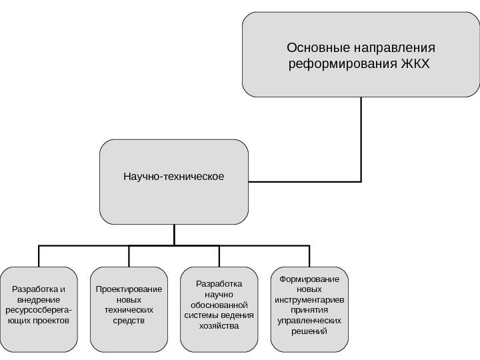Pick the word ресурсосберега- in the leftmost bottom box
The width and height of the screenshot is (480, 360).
(x=39, y=310)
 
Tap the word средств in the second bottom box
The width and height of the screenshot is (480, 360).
(x=129, y=321)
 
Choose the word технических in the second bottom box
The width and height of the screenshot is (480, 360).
(x=129, y=310)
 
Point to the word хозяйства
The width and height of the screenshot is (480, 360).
(x=219, y=326)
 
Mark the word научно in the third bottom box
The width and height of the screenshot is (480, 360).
(x=219, y=294)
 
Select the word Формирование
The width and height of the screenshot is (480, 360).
(x=309, y=279)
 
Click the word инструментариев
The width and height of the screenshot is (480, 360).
(x=309, y=299)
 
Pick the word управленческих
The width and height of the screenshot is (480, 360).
(x=309, y=321)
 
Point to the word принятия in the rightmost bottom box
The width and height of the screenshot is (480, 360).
(x=309, y=310)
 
